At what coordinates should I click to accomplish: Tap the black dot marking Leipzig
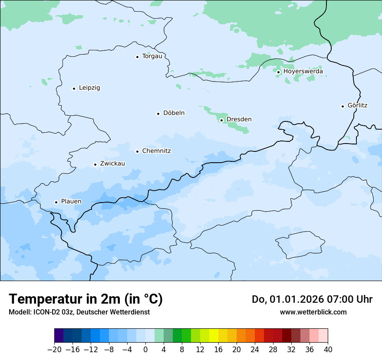(x=74, y=88)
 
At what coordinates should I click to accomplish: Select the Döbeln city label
(x=174, y=113)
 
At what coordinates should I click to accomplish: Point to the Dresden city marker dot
(x=221, y=120)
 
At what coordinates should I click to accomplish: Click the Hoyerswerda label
(x=303, y=72)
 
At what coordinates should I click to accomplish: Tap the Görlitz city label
(x=357, y=105)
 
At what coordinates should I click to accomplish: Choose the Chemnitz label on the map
(x=156, y=151)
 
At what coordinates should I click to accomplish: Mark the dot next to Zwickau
(x=95, y=164)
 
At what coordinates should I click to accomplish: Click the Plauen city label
(x=71, y=202)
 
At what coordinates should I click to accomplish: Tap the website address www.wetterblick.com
(x=313, y=312)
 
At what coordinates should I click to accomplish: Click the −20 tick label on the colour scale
(x=54, y=350)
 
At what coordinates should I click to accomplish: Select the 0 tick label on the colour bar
(x=145, y=350)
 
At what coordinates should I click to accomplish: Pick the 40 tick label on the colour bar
(x=328, y=350)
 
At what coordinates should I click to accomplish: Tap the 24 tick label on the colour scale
(x=255, y=350)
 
